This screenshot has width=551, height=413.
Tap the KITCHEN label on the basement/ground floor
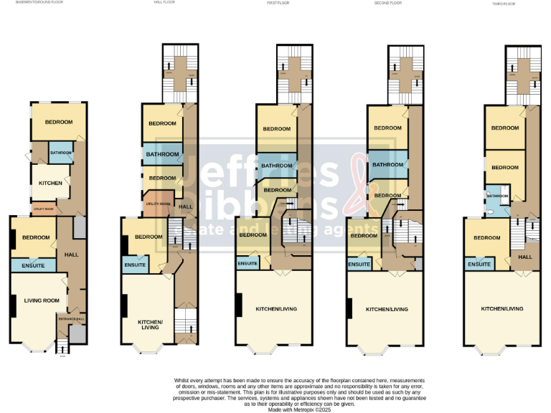[x=50, y=183]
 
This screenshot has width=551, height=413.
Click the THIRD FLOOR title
[x=504, y=3]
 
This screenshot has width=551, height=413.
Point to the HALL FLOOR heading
[x=164, y=2]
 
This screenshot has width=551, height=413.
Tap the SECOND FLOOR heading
[x=388, y=3]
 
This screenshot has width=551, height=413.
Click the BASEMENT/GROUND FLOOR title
[x=39, y=2]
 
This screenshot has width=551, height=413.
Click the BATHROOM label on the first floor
[x=276, y=166]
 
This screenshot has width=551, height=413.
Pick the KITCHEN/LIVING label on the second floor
[x=387, y=309]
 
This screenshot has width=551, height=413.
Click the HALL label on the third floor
[x=525, y=257]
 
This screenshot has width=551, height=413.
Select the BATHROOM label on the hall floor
[x=162, y=154]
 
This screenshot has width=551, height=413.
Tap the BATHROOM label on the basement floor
[x=61, y=153]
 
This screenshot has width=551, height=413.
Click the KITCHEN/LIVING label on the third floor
[x=502, y=308]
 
